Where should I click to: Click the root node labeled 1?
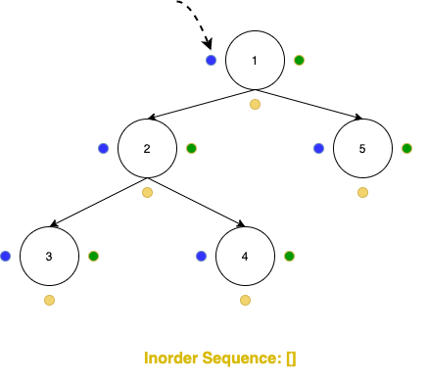tap(255, 60)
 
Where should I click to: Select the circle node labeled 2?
tap(147, 148)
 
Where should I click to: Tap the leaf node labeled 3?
tap(48, 256)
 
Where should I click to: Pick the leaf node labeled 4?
tap(245, 256)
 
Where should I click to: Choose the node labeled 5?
tap(362, 148)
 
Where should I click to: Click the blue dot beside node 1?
tap(211, 60)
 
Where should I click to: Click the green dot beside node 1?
tap(299, 60)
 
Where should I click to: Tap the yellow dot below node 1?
tap(255, 104)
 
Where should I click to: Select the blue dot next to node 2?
tap(103, 148)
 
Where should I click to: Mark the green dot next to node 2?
tap(191, 148)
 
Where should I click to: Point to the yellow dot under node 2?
tap(147, 192)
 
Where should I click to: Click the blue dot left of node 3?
tap(5, 256)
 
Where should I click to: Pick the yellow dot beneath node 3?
tap(48, 300)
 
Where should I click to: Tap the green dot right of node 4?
tap(289, 256)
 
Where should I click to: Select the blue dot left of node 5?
tap(318, 148)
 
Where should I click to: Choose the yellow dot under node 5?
tap(362, 192)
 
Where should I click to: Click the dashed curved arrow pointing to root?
tap(197, 20)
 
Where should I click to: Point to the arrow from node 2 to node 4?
tap(196, 202)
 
